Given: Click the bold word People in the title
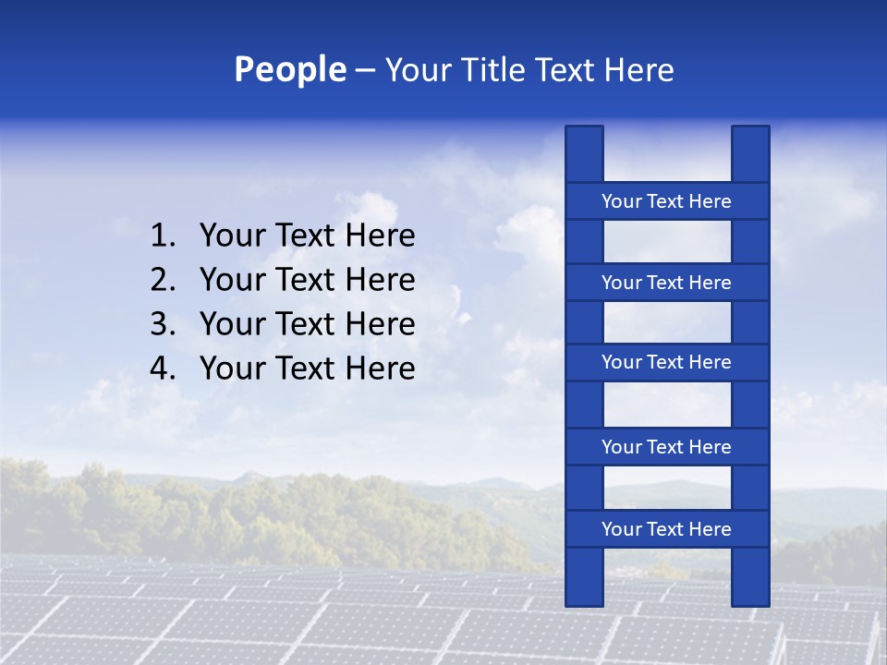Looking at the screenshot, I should pyautogui.click(x=289, y=70).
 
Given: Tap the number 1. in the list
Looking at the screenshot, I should pyautogui.click(x=163, y=236).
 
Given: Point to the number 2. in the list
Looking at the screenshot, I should pyautogui.click(x=163, y=280).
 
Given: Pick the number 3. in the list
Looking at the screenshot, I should pyautogui.click(x=163, y=324).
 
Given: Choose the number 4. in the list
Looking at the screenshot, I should pyautogui.click(x=163, y=369).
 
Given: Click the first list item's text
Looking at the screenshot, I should pyautogui.click(x=307, y=236).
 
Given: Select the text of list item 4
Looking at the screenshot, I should pyautogui.click(x=307, y=369).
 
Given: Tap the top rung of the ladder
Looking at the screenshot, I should pyautogui.click(x=666, y=201).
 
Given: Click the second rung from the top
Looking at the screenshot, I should pyautogui.click(x=666, y=283).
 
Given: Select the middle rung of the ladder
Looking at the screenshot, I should pyautogui.click(x=666, y=362).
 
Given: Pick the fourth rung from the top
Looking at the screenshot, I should pyautogui.click(x=666, y=447).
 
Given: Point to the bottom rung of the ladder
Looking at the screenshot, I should pyautogui.click(x=666, y=529).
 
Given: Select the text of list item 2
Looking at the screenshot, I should pyautogui.click(x=307, y=280).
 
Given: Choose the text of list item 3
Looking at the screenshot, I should pyautogui.click(x=307, y=324).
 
